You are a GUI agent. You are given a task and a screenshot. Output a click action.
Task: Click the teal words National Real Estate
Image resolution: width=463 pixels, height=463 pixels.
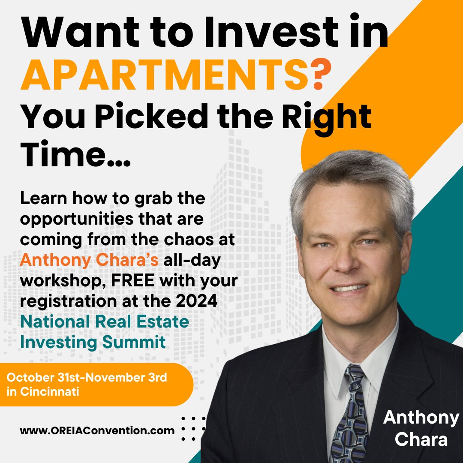(105, 322)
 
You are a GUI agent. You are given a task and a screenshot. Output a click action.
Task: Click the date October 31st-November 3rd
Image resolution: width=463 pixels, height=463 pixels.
(87, 378)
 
